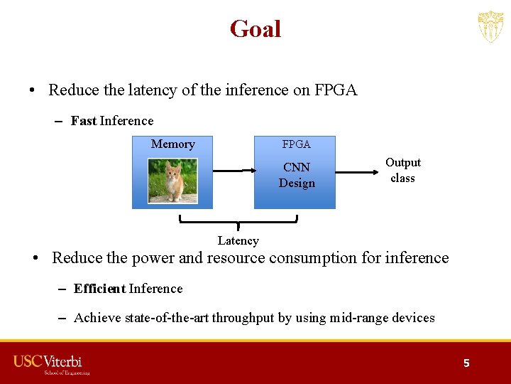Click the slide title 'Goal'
[x=255, y=29]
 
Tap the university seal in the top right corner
[x=490, y=27]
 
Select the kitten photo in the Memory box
[x=172, y=180]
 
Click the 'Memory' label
[x=172, y=144]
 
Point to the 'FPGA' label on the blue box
[x=296, y=144]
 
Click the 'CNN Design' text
[x=297, y=176]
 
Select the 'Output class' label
[x=402, y=171]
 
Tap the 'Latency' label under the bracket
[x=238, y=241]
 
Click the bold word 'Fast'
[x=84, y=121]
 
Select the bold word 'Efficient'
[x=99, y=289]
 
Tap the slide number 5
[x=466, y=363]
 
